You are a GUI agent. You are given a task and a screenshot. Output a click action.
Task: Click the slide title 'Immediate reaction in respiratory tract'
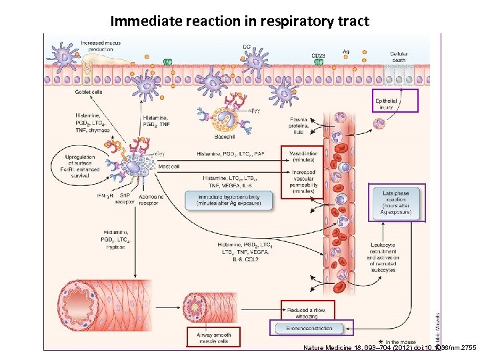239,21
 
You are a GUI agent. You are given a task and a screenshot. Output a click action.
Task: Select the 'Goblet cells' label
88,92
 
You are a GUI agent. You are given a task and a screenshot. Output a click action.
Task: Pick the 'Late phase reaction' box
396,203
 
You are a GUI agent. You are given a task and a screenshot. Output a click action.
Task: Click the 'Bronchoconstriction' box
310,328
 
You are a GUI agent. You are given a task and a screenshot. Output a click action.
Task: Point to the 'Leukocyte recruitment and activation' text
383,257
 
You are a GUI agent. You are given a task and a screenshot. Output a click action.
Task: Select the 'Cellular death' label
399,57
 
